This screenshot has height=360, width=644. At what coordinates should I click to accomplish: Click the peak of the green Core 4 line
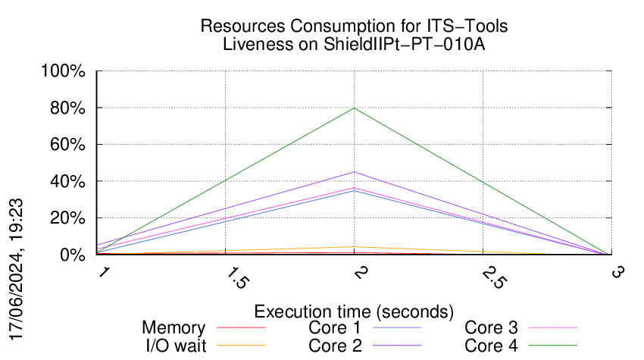354,108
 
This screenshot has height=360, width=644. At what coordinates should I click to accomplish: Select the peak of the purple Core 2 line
354,172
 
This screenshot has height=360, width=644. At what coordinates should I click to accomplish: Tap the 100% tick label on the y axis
67,72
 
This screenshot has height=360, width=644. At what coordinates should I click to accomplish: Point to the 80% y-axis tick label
70,108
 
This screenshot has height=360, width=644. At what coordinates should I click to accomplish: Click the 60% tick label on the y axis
70,145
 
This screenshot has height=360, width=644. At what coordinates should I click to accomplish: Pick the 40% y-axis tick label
70,182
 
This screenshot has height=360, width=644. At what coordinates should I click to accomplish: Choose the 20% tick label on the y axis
70,218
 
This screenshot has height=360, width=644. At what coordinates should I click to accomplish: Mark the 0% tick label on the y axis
74,255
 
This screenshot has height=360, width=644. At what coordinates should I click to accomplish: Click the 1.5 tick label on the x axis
238,277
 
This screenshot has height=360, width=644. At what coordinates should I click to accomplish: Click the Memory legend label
174,328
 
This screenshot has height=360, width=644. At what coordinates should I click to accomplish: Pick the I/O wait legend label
168,346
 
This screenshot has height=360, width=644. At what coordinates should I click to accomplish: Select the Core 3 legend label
491,328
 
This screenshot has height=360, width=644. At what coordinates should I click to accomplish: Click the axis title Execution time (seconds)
354,311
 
